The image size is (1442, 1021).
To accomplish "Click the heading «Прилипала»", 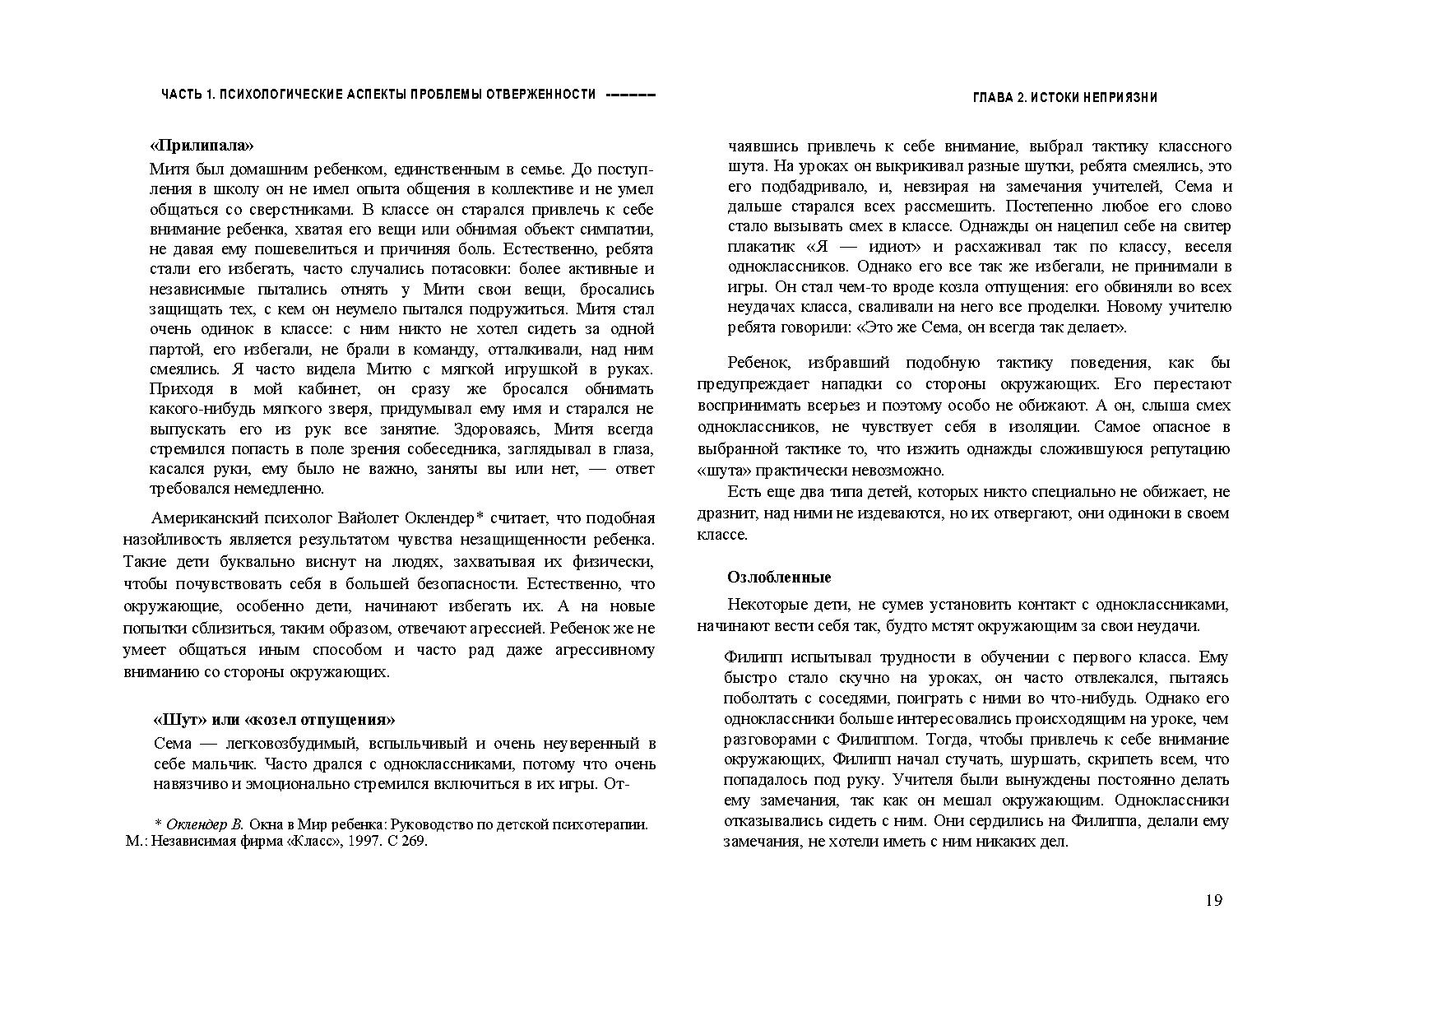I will tap(202, 146).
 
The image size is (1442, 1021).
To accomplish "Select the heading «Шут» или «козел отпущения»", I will tap(274, 719).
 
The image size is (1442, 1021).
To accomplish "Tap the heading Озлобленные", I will tap(779, 577).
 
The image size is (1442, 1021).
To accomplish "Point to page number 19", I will tap(1213, 900).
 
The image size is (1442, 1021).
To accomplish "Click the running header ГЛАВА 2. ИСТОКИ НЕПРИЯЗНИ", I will tap(1064, 97).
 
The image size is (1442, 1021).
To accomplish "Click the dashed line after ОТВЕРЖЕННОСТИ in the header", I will tap(630, 95).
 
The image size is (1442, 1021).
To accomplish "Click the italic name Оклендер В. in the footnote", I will tap(205, 824).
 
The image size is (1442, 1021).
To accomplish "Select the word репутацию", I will tap(1190, 449).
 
